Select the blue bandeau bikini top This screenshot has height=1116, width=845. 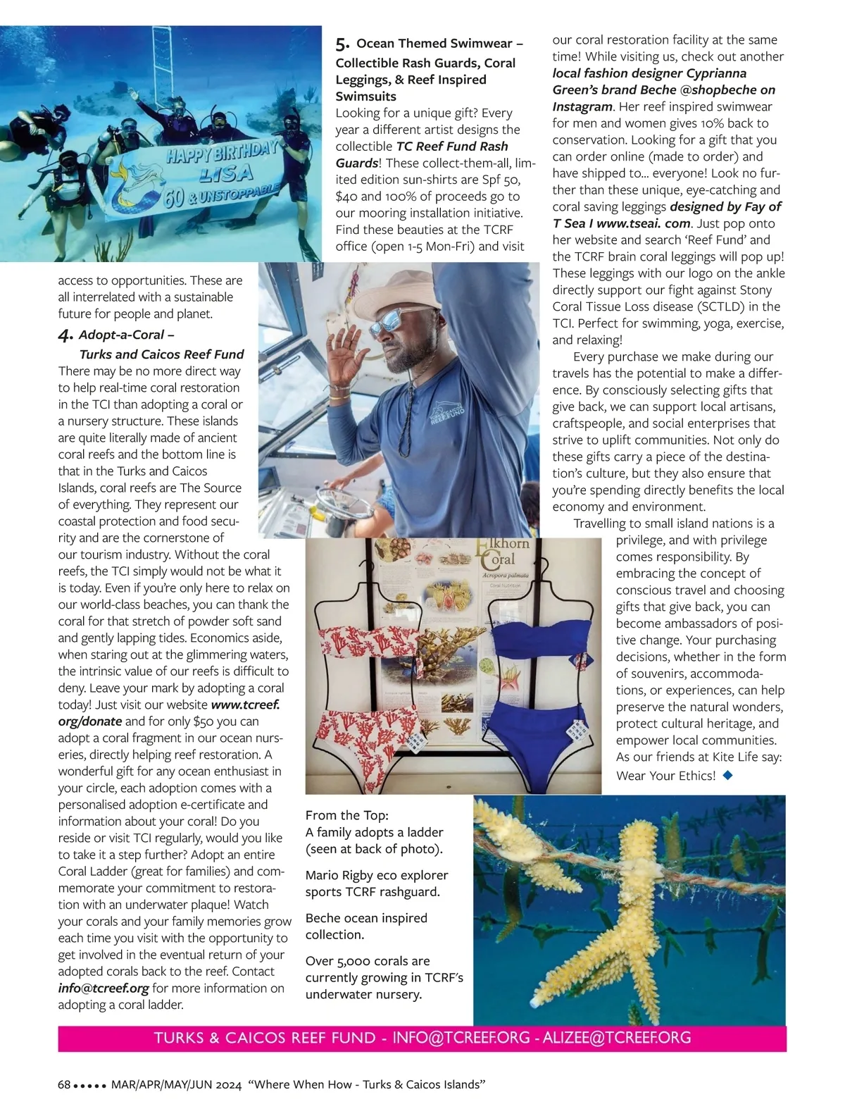[x=533, y=637]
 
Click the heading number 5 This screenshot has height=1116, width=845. [x=342, y=44]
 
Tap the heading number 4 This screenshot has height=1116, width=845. [x=65, y=335]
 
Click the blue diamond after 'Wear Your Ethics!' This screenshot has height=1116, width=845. [x=728, y=775]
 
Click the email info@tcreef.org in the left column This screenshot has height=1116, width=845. [x=104, y=988]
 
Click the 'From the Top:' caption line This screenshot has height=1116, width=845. [x=346, y=815]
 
